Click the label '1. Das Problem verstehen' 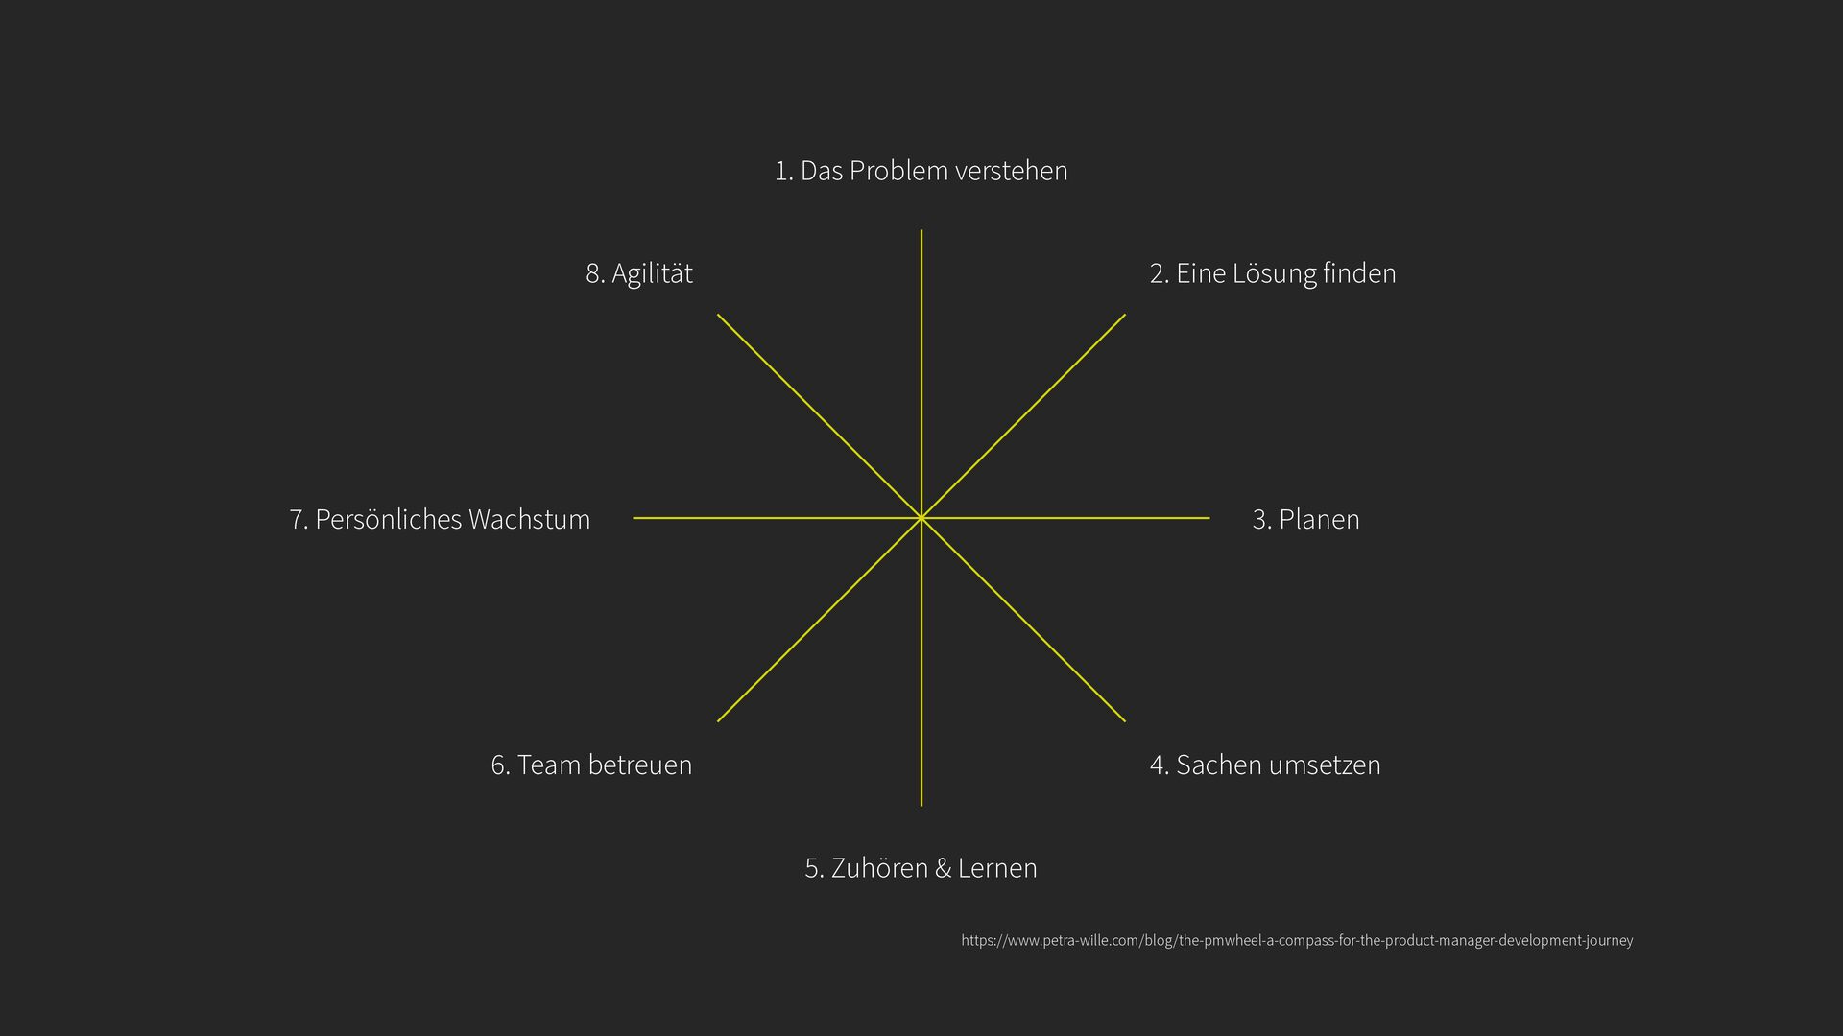tap(921, 171)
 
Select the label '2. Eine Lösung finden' tap(1272, 273)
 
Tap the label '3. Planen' tap(1305, 519)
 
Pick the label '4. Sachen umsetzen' tap(1264, 765)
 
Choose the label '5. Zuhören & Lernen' tap(921, 868)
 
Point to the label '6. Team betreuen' tap(591, 765)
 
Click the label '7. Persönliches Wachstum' tap(440, 519)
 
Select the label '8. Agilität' tap(639, 273)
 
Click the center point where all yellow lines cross tap(921, 518)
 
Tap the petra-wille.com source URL tap(1297, 940)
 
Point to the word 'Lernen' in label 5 tap(997, 868)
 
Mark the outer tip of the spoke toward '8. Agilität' tap(718, 315)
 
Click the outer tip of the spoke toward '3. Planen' tap(1209, 518)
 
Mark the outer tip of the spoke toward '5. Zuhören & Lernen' tap(921, 805)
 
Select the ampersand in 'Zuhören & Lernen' tap(943, 868)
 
